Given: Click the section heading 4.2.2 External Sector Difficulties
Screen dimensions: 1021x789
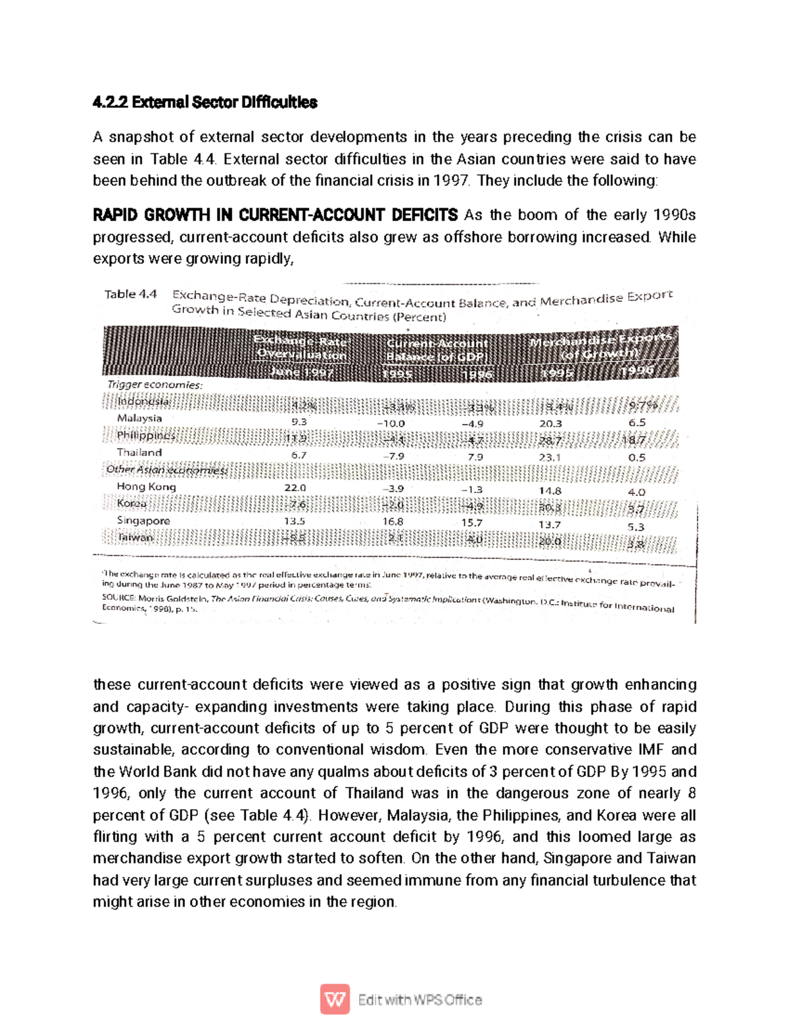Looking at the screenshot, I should tap(204, 103).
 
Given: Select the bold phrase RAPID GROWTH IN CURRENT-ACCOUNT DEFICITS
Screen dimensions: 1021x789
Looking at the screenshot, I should tap(275, 215).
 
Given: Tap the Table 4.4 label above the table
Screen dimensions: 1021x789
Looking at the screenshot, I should tap(130, 295).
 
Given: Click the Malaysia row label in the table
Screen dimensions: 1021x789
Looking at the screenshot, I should tap(139, 418).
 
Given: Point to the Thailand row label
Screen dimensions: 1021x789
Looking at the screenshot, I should tap(139, 452).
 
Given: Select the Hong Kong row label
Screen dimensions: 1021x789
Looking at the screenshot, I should tap(146, 487).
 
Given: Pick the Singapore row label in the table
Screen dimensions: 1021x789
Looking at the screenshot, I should tap(143, 521).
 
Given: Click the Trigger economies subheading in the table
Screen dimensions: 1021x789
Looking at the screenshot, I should tap(155, 385).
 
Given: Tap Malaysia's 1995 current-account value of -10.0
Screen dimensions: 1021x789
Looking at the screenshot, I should tap(391, 424).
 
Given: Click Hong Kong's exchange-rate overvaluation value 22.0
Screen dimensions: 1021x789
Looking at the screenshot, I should tap(295, 488).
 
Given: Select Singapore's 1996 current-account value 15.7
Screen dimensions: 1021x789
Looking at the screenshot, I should tap(471, 523).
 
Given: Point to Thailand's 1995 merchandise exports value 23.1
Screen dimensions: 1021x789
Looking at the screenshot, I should tap(550, 458).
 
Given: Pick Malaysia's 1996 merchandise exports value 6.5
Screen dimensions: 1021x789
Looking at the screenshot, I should tap(636, 423).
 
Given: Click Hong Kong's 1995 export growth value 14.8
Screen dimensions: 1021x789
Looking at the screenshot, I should tap(550, 491).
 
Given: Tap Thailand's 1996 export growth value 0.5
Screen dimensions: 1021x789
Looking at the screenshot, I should tap(636, 458).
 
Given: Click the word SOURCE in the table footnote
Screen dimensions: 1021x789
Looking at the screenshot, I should tap(118, 598).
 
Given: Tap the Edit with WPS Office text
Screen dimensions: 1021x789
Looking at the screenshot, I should tap(420, 1000).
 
